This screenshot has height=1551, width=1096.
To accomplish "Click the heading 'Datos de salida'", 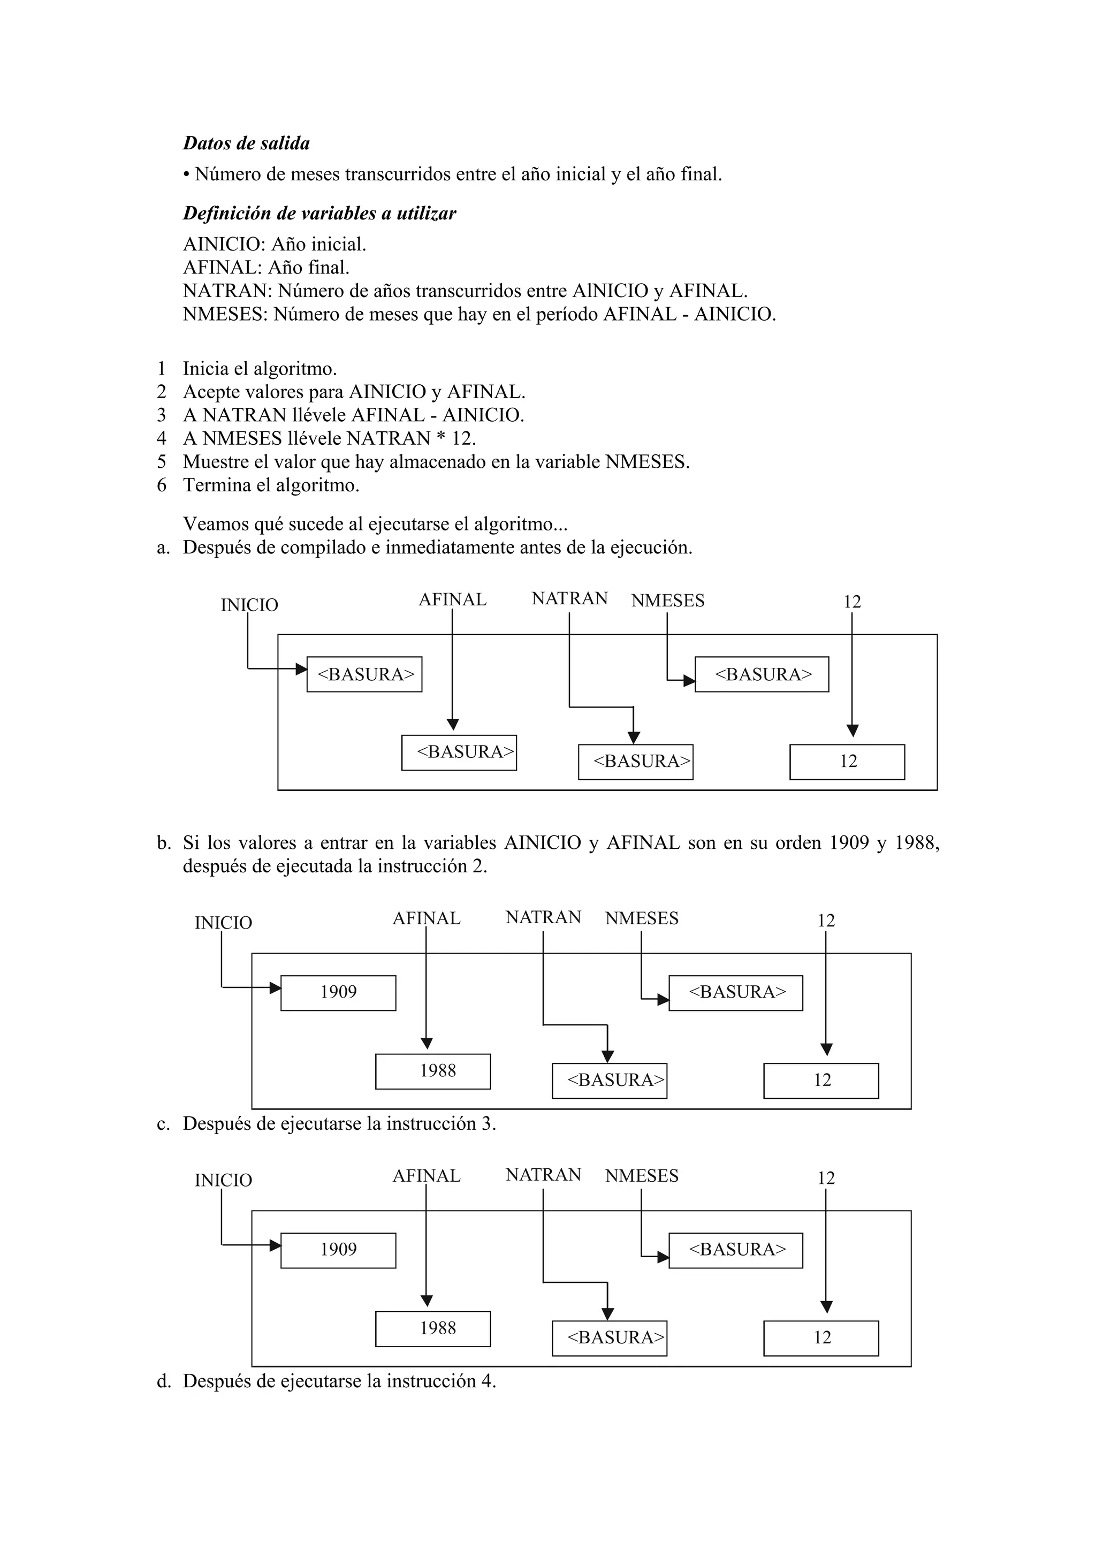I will pyautogui.click(x=247, y=143).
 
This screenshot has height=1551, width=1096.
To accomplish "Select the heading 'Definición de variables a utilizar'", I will pyautogui.click(x=319, y=214).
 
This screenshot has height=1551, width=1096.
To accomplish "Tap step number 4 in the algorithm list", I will pyautogui.click(x=162, y=438).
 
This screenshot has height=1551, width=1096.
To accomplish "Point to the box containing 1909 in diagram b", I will pyautogui.click(x=338, y=992).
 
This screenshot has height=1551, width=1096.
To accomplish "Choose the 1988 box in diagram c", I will pyautogui.click(x=433, y=1329).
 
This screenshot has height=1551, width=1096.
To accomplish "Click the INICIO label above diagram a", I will pyautogui.click(x=249, y=605).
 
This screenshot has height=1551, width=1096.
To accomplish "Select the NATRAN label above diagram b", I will pyautogui.click(x=543, y=917).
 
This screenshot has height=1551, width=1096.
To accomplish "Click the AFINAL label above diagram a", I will pyautogui.click(x=452, y=600).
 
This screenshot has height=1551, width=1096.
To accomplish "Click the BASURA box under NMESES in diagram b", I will pyautogui.click(x=736, y=992).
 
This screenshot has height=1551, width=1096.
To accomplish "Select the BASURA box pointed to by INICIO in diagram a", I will pyautogui.click(x=364, y=674).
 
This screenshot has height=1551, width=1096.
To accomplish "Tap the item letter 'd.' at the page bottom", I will pyautogui.click(x=163, y=1381).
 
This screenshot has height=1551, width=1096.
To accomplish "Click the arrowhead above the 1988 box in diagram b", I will pyautogui.click(x=426, y=1043).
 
